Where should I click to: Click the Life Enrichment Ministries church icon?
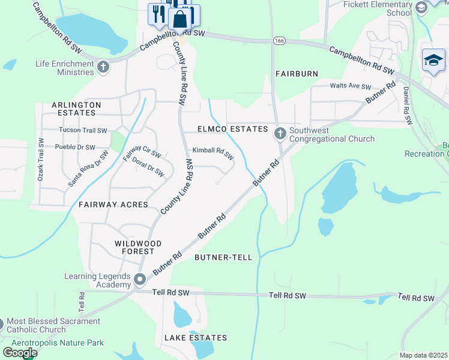[x=103, y=66]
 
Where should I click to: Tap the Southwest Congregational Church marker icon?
[x=279, y=133]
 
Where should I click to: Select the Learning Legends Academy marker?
[x=140, y=280]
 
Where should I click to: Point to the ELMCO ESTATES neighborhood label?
[x=233, y=129]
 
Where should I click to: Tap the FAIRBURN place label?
[x=297, y=73]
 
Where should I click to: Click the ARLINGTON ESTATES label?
[x=76, y=109]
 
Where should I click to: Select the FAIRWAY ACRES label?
[x=113, y=205]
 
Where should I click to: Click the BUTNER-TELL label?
[x=223, y=257]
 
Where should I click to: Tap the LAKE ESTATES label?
[x=196, y=338]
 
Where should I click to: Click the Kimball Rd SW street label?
[x=212, y=154]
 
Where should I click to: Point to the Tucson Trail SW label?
[x=82, y=130]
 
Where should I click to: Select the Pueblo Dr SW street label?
[x=75, y=147]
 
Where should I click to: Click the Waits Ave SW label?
[x=351, y=86]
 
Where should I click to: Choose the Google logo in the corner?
[x=19, y=353]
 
